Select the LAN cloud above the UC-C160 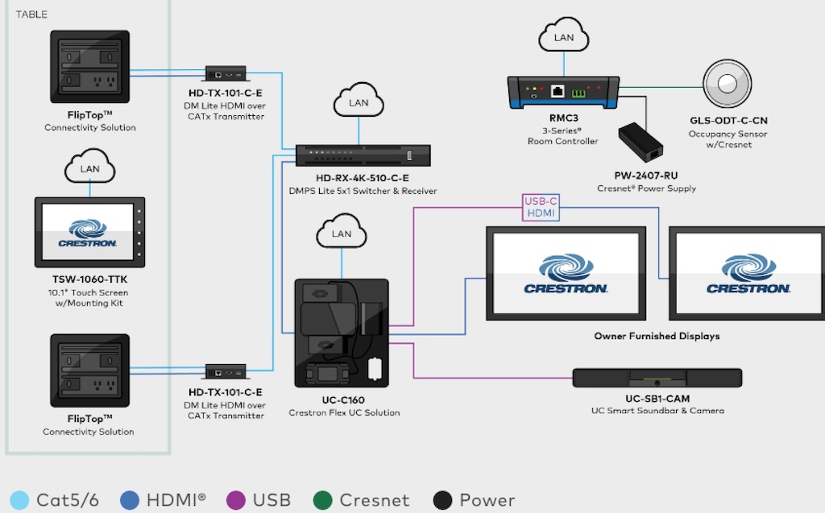[342, 234]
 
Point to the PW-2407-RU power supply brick [641, 143]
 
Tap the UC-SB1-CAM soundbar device [657, 378]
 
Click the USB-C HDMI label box [539, 207]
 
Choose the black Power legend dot [442, 499]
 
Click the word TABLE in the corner [31, 14]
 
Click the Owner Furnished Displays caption [657, 336]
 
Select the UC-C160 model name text [344, 400]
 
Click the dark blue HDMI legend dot [131, 499]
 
